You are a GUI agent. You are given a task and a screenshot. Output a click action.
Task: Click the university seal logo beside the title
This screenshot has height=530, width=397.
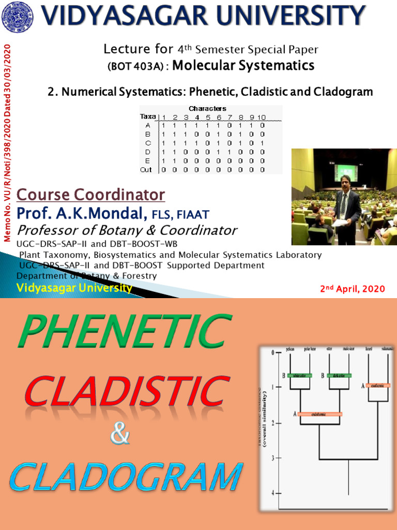pyautogui.click(x=16, y=15)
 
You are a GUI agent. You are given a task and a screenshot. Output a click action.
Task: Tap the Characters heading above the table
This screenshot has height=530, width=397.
pyautogui.click(x=207, y=109)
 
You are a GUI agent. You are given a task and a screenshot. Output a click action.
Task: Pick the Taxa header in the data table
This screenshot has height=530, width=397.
pyautogui.click(x=148, y=116)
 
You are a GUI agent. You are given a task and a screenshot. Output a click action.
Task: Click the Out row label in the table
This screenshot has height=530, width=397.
pyautogui.click(x=146, y=169)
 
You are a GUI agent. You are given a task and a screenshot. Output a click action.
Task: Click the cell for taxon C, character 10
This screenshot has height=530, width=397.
pyautogui.click(x=262, y=143)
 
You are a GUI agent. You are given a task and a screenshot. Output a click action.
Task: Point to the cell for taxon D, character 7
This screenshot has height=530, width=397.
pyautogui.click(x=230, y=152)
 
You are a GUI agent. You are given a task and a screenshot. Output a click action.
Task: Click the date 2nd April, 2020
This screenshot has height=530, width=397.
pyautogui.click(x=353, y=289)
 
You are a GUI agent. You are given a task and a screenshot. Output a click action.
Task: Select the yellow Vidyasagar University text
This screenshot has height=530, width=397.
pyautogui.click(x=74, y=288)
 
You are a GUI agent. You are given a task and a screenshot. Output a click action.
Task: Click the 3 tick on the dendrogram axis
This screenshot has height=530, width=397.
pyautogui.click(x=272, y=458)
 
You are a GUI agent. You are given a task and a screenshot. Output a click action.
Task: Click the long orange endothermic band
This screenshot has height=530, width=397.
pyautogui.click(x=319, y=414)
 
